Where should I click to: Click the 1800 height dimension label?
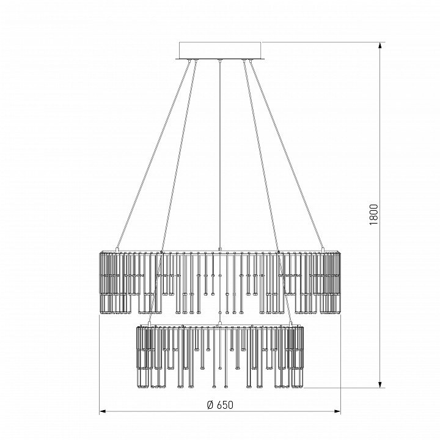(x=374, y=215)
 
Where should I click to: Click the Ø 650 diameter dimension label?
(x=220, y=405)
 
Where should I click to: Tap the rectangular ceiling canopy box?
(x=220, y=51)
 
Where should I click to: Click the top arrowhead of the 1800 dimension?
(x=380, y=46)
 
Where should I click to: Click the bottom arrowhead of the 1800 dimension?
(x=380, y=384)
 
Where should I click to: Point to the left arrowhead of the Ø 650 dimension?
(x=103, y=411)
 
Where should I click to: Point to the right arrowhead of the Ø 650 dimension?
(x=337, y=411)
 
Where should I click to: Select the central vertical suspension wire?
(x=220, y=155)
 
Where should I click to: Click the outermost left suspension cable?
(x=153, y=155)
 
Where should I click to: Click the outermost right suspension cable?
(x=287, y=155)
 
